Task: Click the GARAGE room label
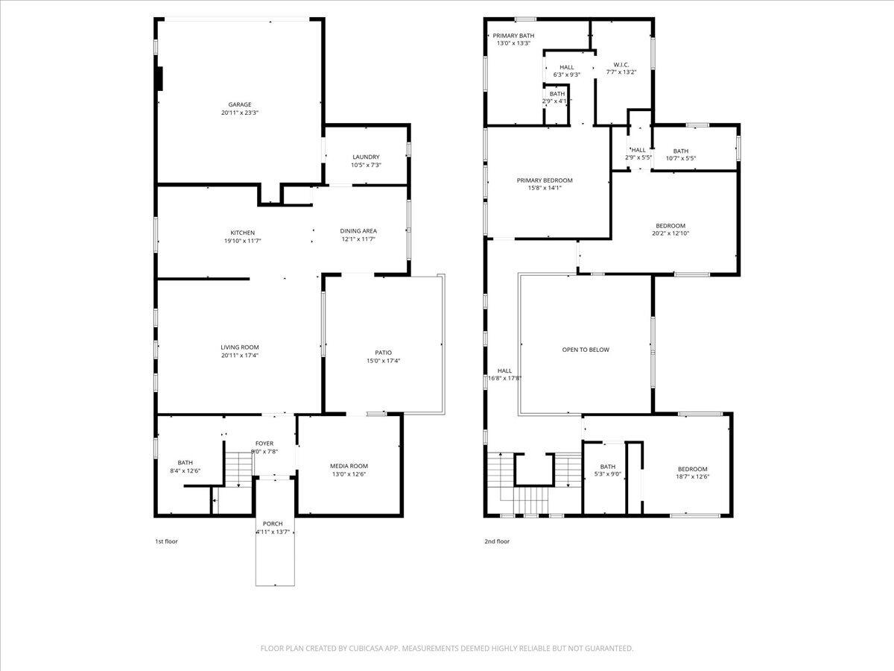pos(239,104)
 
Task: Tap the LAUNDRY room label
pos(366,157)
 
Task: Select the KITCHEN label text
pos(242,233)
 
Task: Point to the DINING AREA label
pos(358,231)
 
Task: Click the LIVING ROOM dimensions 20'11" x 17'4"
pos(240,356)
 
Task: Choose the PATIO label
pos(383,353)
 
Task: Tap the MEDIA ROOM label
pos(349,466)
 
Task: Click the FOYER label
pos(264,444)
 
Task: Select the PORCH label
pos(272,523)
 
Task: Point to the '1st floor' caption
pos(166,541)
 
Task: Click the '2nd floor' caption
pos(497,541)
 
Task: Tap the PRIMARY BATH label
pos(513,35)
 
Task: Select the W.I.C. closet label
pos(621,64)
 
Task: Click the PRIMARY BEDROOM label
pos(545,180)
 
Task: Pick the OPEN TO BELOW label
pos(586,349)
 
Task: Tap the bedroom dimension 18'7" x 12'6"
pos(692,477)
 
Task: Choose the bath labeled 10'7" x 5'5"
pos(680,158)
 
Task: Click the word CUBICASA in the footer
pos(370,649)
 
